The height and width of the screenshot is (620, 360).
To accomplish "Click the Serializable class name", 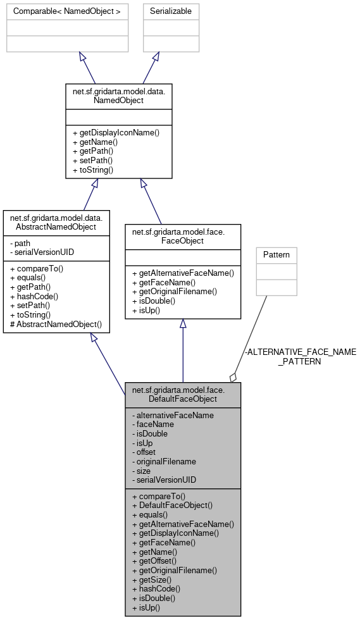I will (170, 11).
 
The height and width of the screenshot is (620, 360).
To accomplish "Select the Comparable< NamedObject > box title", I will (67, 11).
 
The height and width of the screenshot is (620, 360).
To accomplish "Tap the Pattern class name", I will (276, 255).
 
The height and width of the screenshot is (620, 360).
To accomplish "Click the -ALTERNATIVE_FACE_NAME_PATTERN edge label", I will (300, 356).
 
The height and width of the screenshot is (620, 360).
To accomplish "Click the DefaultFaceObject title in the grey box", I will (182, 395).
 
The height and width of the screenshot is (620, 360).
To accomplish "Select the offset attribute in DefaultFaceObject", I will (144, 452).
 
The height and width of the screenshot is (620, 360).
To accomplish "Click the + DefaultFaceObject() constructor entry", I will (172, 505).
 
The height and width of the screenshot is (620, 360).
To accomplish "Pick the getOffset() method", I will (158, 561).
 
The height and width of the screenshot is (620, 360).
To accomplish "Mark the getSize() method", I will (154, 580).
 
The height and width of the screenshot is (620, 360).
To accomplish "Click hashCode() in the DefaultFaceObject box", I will (158, 588).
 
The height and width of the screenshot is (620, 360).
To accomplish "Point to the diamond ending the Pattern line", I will (233, 377).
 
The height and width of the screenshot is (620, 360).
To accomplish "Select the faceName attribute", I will (152, 425).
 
